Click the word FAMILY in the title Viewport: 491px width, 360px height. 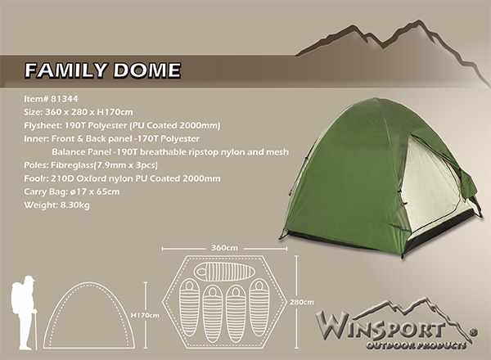click(66, 70)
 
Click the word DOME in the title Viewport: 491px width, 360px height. click(147, 70)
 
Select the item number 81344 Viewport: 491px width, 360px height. click(64, 99)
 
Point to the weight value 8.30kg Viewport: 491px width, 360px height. click(75, 205)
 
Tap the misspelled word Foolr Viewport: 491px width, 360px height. click(34, 178)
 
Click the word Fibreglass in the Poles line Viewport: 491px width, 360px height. click(72, 165)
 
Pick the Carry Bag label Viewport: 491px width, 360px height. click(46, 192)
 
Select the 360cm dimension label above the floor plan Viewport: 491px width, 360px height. click(224, 248)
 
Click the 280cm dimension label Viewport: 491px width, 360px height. click(302, 302)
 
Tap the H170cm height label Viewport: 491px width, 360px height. click(145, 315)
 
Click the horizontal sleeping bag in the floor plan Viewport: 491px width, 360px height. click(224, 272)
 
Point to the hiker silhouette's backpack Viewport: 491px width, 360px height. click(16, 297)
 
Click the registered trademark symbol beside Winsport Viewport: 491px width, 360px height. click(474, 332)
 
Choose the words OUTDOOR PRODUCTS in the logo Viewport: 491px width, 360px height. click(417, 345)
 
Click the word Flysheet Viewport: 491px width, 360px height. click(43, 125)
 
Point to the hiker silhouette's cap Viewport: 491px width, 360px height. click(29, 278)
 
